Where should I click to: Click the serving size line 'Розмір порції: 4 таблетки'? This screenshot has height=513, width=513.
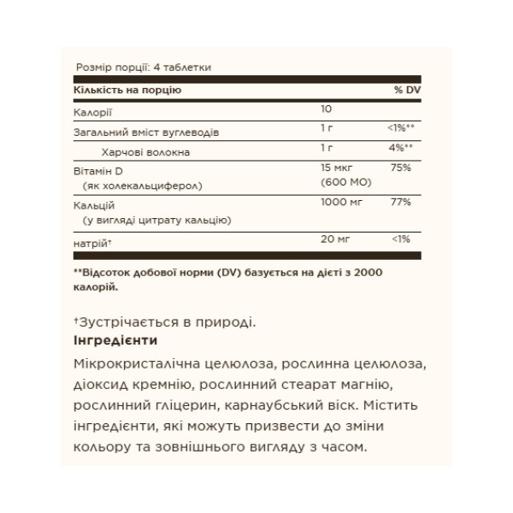[x=144, y=67]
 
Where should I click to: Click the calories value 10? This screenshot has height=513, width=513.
[x=326, y=110]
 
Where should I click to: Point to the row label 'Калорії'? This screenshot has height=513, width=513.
[x=93, y=111]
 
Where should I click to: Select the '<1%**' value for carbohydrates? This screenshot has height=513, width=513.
[x=400, y=129]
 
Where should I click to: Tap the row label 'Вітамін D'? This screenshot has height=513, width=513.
[x=100, y=171]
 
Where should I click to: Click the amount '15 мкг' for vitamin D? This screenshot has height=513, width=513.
[x=334, y=168]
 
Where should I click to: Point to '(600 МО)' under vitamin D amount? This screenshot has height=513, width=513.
[x=339, y=183]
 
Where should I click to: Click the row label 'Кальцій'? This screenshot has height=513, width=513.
[x=95, y=206]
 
